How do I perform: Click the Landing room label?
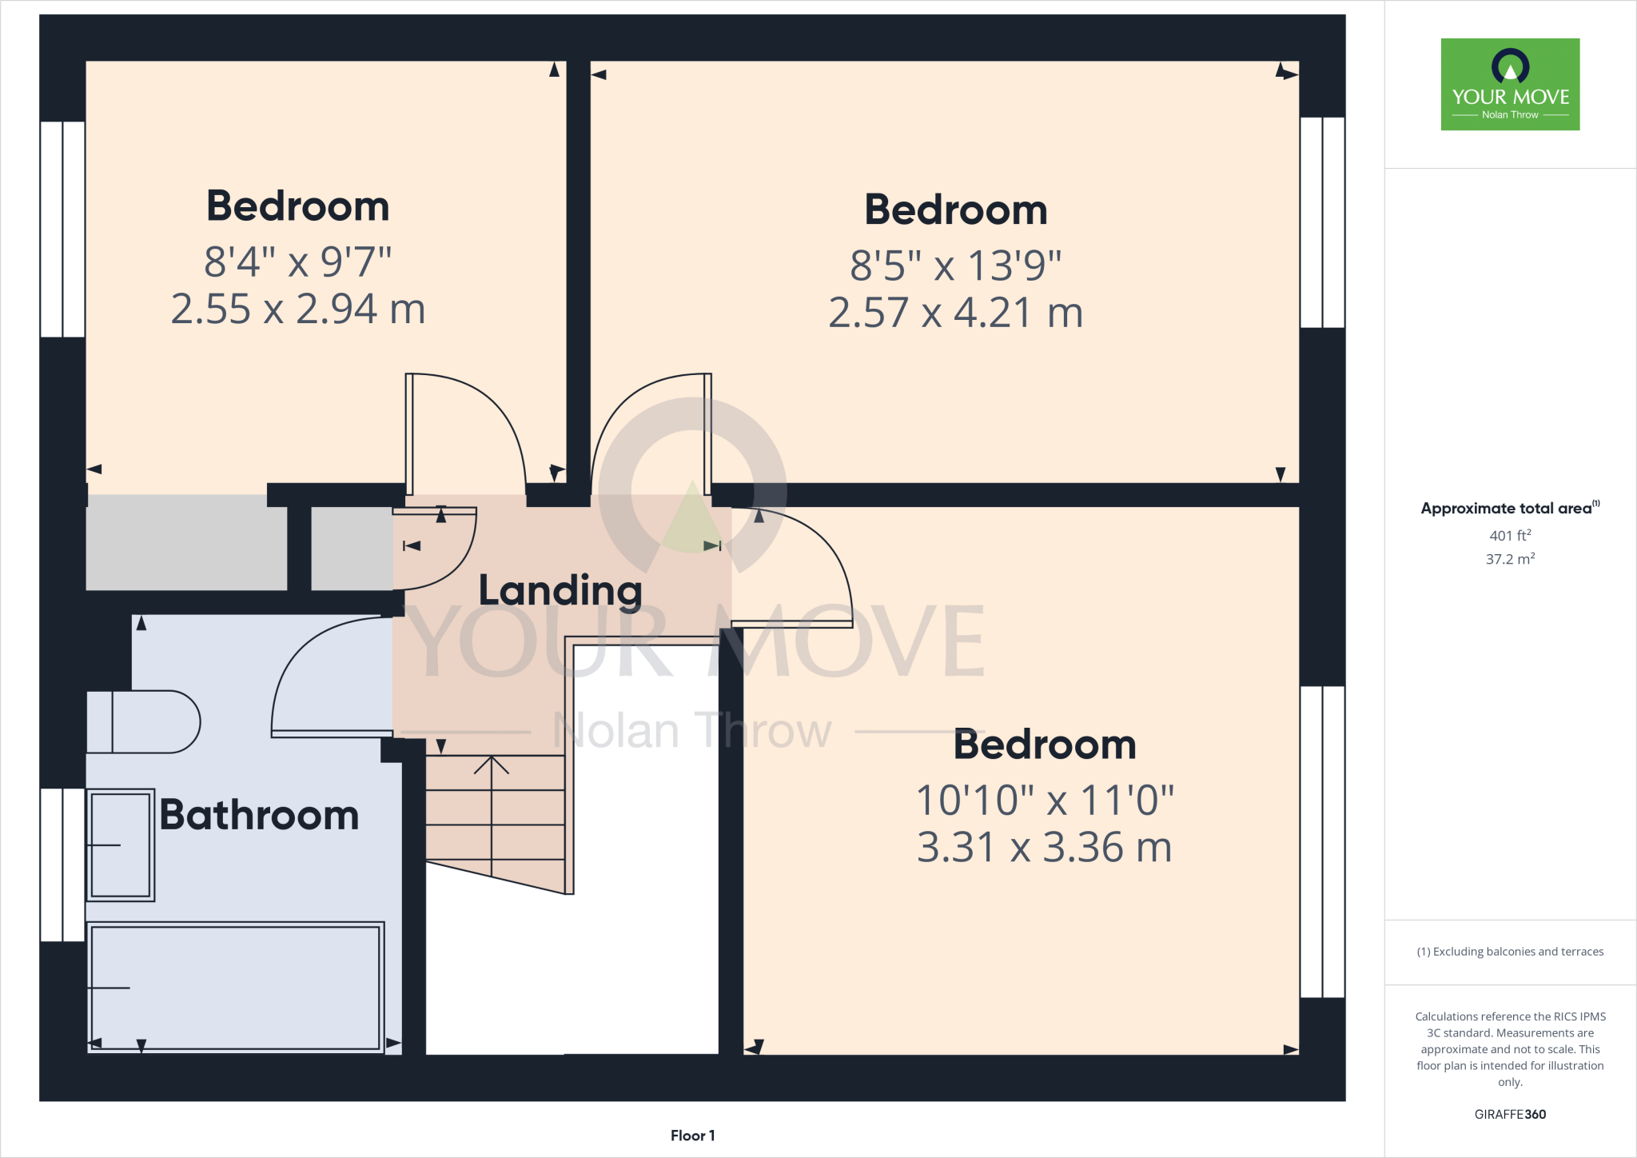[560, 591]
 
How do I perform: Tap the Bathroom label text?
[259, 815]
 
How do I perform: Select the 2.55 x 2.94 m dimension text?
[298, 309]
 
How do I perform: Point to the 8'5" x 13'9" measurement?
[956, 266]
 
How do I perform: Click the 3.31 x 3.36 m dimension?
[1044, 848]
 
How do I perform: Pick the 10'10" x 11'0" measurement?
[1044, 801]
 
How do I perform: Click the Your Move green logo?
[1510, 84]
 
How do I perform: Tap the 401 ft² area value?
[1510, 536]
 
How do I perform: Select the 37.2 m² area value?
[1510, 559]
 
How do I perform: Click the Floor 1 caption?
[692, 1136]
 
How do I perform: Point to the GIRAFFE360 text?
[1510, 1114]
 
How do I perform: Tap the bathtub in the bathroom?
[235, 987]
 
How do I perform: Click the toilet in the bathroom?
[144, 722]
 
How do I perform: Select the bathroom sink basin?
[120, 845]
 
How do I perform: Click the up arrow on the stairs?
[492, 766]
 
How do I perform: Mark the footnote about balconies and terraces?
[1510, 952]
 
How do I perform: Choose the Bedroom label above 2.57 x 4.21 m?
[956, 210]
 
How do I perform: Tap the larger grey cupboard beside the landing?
[186, 542]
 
